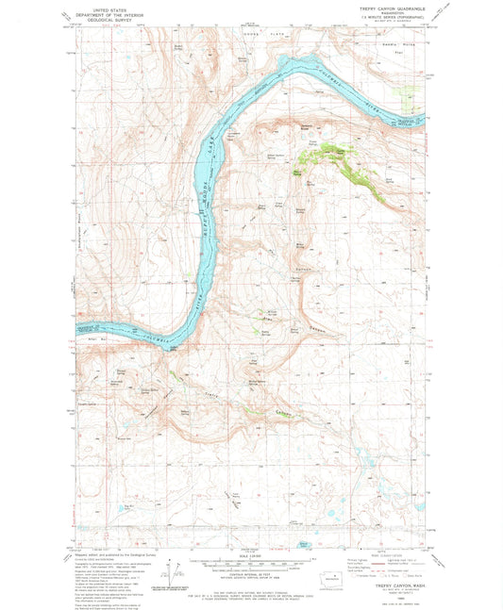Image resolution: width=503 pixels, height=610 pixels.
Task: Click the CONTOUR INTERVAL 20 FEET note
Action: click(x=249, y=564)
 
